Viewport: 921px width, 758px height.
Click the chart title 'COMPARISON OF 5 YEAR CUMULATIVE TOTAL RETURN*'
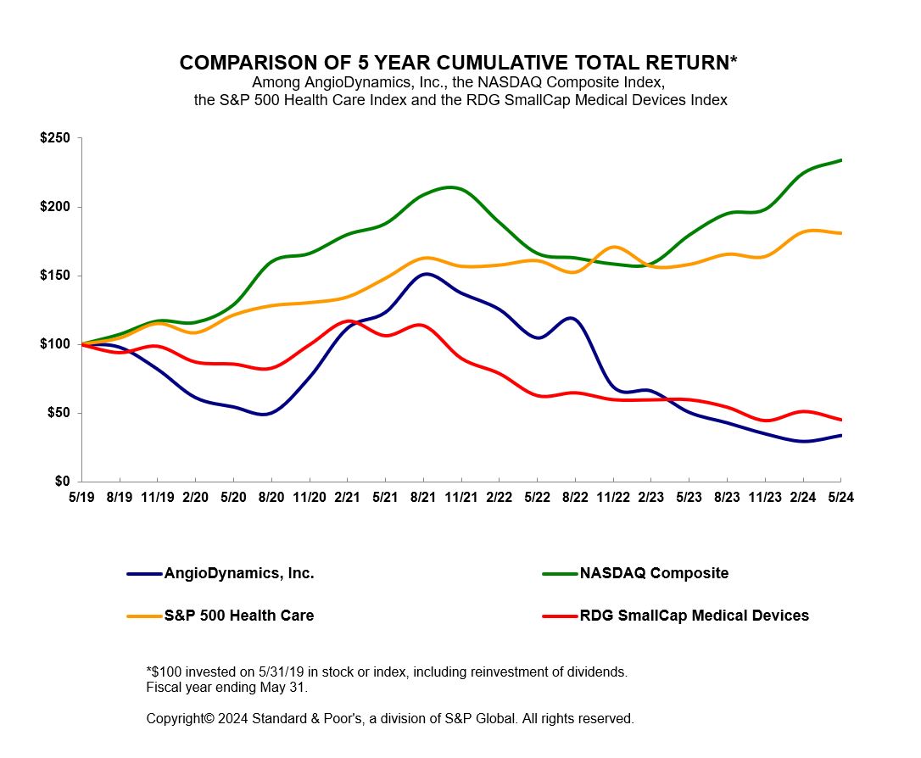coord(458,63)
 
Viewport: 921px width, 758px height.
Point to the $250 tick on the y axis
coord(56,138)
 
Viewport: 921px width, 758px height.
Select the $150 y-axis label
coord(56,276)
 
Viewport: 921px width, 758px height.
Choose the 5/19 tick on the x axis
coord(81,499)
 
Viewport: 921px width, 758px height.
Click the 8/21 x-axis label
coord(423,499)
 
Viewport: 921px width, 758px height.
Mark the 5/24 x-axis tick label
coord(840,499)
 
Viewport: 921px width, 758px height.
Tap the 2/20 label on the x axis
coord(195,499)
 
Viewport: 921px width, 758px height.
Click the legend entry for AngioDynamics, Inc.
coord(239,573)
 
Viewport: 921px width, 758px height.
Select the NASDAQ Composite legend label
coord(654,573)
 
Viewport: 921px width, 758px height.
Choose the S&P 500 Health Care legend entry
coord(239,616)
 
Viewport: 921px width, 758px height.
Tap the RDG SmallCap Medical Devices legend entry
coord(694,616)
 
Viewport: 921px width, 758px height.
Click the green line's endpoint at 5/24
coord(840,160)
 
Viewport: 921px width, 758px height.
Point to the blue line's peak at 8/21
coord(425,274)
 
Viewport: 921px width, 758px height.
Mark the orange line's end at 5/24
coord(840,233)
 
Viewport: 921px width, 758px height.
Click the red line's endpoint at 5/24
coord(840,420)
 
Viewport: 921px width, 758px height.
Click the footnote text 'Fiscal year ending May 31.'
coord(227,687)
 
